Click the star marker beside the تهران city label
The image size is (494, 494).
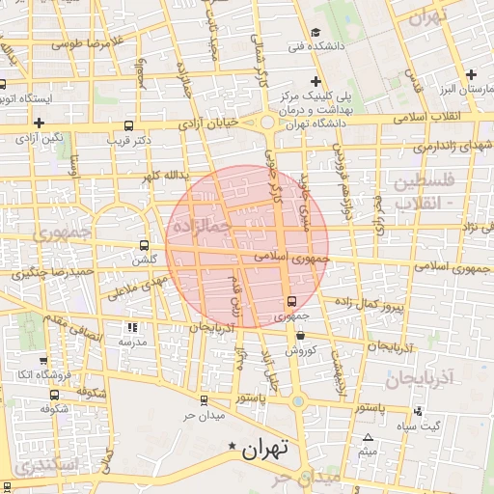pyautogui.click(x=231, y=447)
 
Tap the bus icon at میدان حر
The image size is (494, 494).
pyautogui.click(x=203, y=399)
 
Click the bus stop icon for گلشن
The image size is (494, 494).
pyautogui.click(x=145, y=245)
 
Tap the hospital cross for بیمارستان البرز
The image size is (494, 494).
pyautogui.click(x=471, y=74)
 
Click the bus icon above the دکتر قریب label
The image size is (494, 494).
pyautogui.click(x=129, y=125)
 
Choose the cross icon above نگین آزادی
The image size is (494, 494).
pyautogui.click(x=39, y=123)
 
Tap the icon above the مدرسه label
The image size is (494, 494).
pyautogui.click(x=132, y=328)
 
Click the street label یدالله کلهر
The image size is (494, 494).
pyautogui.click(x=159, y=178)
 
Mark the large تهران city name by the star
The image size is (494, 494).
pyautogui.click(x=265, y=449)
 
